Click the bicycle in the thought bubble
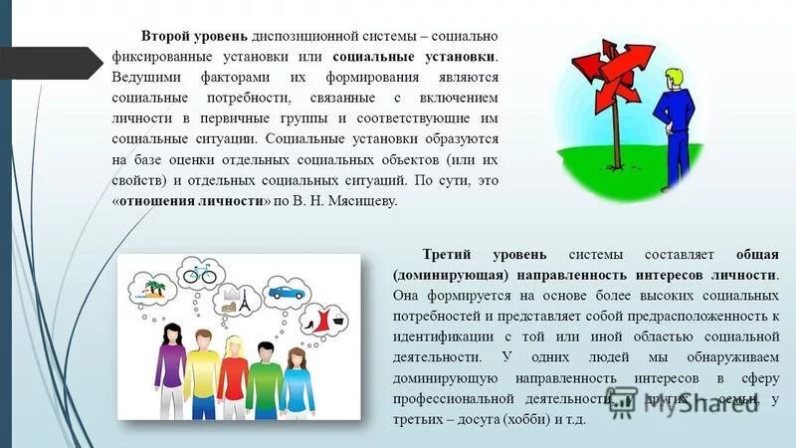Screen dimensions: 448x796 pos(199,271)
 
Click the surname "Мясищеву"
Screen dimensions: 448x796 pos(360,200)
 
